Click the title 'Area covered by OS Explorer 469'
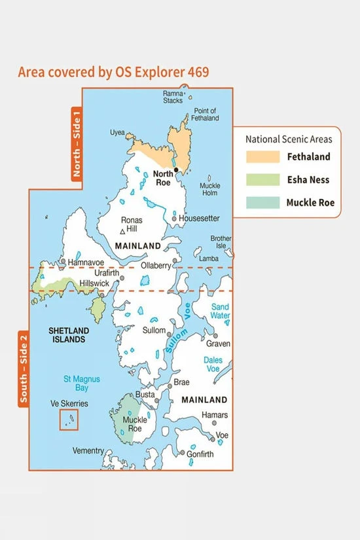coord(113,71)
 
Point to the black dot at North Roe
coord(175,170)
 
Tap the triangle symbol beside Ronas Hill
coord(122,232)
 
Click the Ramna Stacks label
coord(173,98)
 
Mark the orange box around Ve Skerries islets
coord(68,420)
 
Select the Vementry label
coord(88,451)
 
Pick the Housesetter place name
coord(199,218)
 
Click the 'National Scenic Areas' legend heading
coord(289,139)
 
